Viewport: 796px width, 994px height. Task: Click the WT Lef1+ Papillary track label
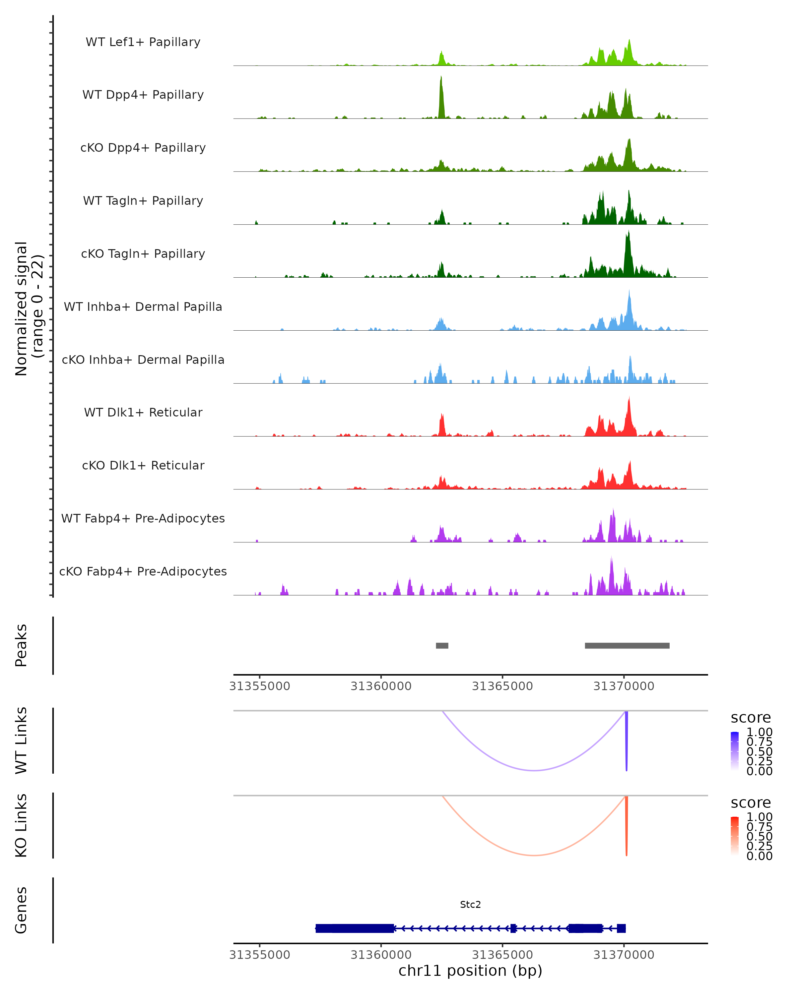(143, 42)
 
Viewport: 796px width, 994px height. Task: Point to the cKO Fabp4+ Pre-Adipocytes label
(143, 571)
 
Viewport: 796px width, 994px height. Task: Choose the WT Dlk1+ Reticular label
(143, 412)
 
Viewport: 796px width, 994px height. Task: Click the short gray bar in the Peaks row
(442, 645)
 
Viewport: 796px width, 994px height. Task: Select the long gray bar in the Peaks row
(627, 645)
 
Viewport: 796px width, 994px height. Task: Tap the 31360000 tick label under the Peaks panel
(381, 686)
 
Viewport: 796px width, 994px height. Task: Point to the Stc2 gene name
(470, 905)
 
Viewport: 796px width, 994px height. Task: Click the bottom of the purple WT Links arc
(534, 770)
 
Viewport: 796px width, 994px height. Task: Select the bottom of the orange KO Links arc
(534, 855)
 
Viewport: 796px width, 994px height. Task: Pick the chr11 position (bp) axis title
(470, 970)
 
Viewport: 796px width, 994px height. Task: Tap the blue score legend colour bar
(735, 751)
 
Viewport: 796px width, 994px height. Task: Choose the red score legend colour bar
(735, 836)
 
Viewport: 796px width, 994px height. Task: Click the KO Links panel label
(21, 825)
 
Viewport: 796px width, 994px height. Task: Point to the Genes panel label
(21, 910)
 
